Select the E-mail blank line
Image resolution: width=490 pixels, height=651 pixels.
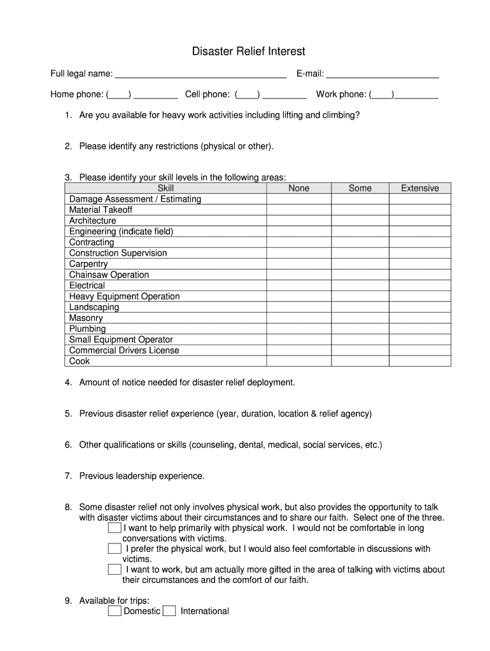382,74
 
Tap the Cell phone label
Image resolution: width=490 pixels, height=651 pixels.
207,95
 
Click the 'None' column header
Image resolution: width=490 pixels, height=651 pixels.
298,188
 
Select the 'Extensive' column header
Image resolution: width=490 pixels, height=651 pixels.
419,188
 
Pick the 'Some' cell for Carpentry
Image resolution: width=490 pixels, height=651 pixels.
360,264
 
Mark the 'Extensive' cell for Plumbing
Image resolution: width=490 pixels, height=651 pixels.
419,329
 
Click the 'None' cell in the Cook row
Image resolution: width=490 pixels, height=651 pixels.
298,361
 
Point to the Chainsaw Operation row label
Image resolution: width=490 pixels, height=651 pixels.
109,275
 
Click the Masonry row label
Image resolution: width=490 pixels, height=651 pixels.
86,318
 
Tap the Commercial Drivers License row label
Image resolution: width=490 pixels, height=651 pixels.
124,350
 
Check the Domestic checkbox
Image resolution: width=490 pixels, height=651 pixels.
115,611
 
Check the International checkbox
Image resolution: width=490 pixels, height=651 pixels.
169,611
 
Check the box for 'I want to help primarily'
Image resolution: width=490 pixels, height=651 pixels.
115,528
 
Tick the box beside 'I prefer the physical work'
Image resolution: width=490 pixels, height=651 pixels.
115,548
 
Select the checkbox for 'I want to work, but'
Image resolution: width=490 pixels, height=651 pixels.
115,569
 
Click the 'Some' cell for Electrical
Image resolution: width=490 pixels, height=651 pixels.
360,285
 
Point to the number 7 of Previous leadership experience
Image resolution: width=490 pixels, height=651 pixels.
67,476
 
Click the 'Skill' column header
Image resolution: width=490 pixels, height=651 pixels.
165,188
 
